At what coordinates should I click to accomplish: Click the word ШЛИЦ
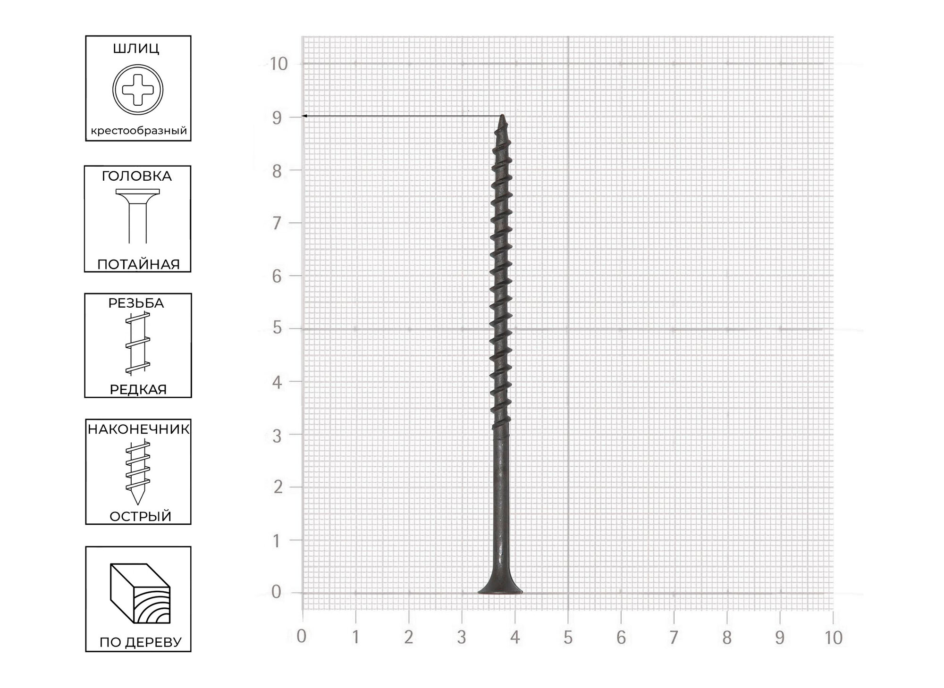coord(136,49)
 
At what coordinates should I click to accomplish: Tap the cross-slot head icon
coord(138,90)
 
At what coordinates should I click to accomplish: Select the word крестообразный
coord(139,131)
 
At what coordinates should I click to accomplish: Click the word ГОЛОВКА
coord(136,176)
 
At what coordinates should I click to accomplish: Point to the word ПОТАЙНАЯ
coord(138,264)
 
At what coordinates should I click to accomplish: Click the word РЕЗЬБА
coord(136,303)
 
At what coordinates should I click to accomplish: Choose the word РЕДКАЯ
coord(138,389)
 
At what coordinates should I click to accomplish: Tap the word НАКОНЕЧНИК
coord(138,429)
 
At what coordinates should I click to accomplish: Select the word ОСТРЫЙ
coord(140,516)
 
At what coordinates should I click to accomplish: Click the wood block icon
coord(140,593)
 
